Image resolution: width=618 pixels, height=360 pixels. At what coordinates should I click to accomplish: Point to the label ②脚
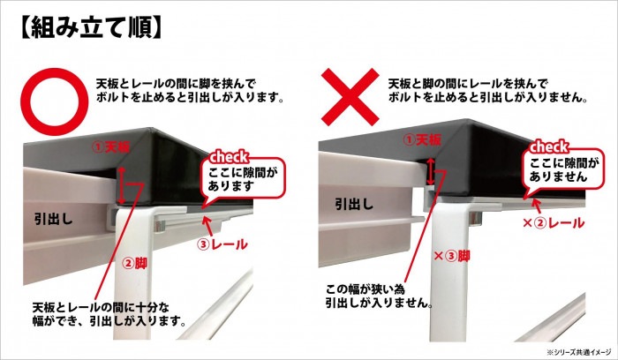(139, 262)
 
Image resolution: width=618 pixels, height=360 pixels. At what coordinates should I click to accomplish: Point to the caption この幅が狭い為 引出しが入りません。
(376, 296)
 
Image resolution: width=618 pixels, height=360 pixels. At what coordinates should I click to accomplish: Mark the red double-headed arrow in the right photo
(429, 170)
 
